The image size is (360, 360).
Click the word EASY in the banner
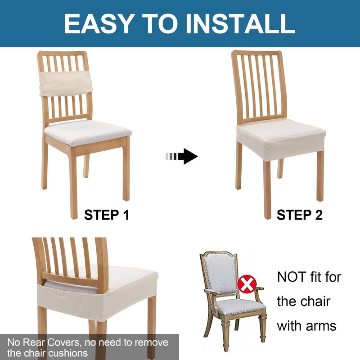pyautogui.click(x=99, y=24)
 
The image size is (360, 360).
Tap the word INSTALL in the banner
pyautogui.click(x=240, y=24)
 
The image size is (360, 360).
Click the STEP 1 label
pyautogui.click(x=107, y=215)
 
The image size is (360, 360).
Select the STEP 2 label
pyautogui.click(x=300, y=215)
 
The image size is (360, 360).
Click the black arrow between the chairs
pyautogui.click(x=182, y=156)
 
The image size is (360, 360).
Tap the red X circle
pyautogui.click(x=247, y=284)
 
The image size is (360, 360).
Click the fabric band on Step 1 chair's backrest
pyautogui.click(x=66, y=83)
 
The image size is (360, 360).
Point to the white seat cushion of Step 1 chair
pyautogui.click(x=88, y=133)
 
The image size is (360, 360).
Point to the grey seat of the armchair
pyautogui.click(x=241, y=306)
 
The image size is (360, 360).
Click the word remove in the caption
pyautogui.click(x=152, y=342)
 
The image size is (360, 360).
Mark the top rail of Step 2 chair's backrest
pyautogui.click(x=256, y=53)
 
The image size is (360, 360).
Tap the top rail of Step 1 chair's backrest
pyautogui.click(x=62, y=54)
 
